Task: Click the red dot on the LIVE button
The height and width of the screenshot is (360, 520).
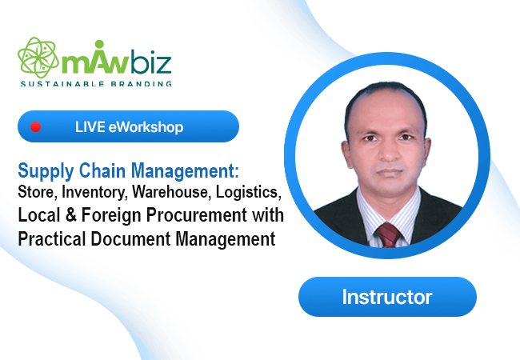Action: (x=35, y=126)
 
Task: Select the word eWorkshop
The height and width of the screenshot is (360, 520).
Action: (x=146, y=127)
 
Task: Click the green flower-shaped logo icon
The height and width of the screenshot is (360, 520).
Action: (x=38, y=58)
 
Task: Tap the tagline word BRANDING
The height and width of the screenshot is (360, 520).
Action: (x=142, y=84)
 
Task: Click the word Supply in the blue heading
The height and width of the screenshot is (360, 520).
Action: (x=46, y=171)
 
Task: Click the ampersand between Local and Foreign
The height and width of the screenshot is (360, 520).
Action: (x=70, y=214)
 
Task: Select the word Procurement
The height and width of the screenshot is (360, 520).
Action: (x=196, y=215)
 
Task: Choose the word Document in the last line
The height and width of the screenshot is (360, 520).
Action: (x=130, y=238)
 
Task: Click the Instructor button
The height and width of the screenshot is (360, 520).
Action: (x=387, y=297)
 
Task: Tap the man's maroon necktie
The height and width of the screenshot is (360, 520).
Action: (x=388, y=234)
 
